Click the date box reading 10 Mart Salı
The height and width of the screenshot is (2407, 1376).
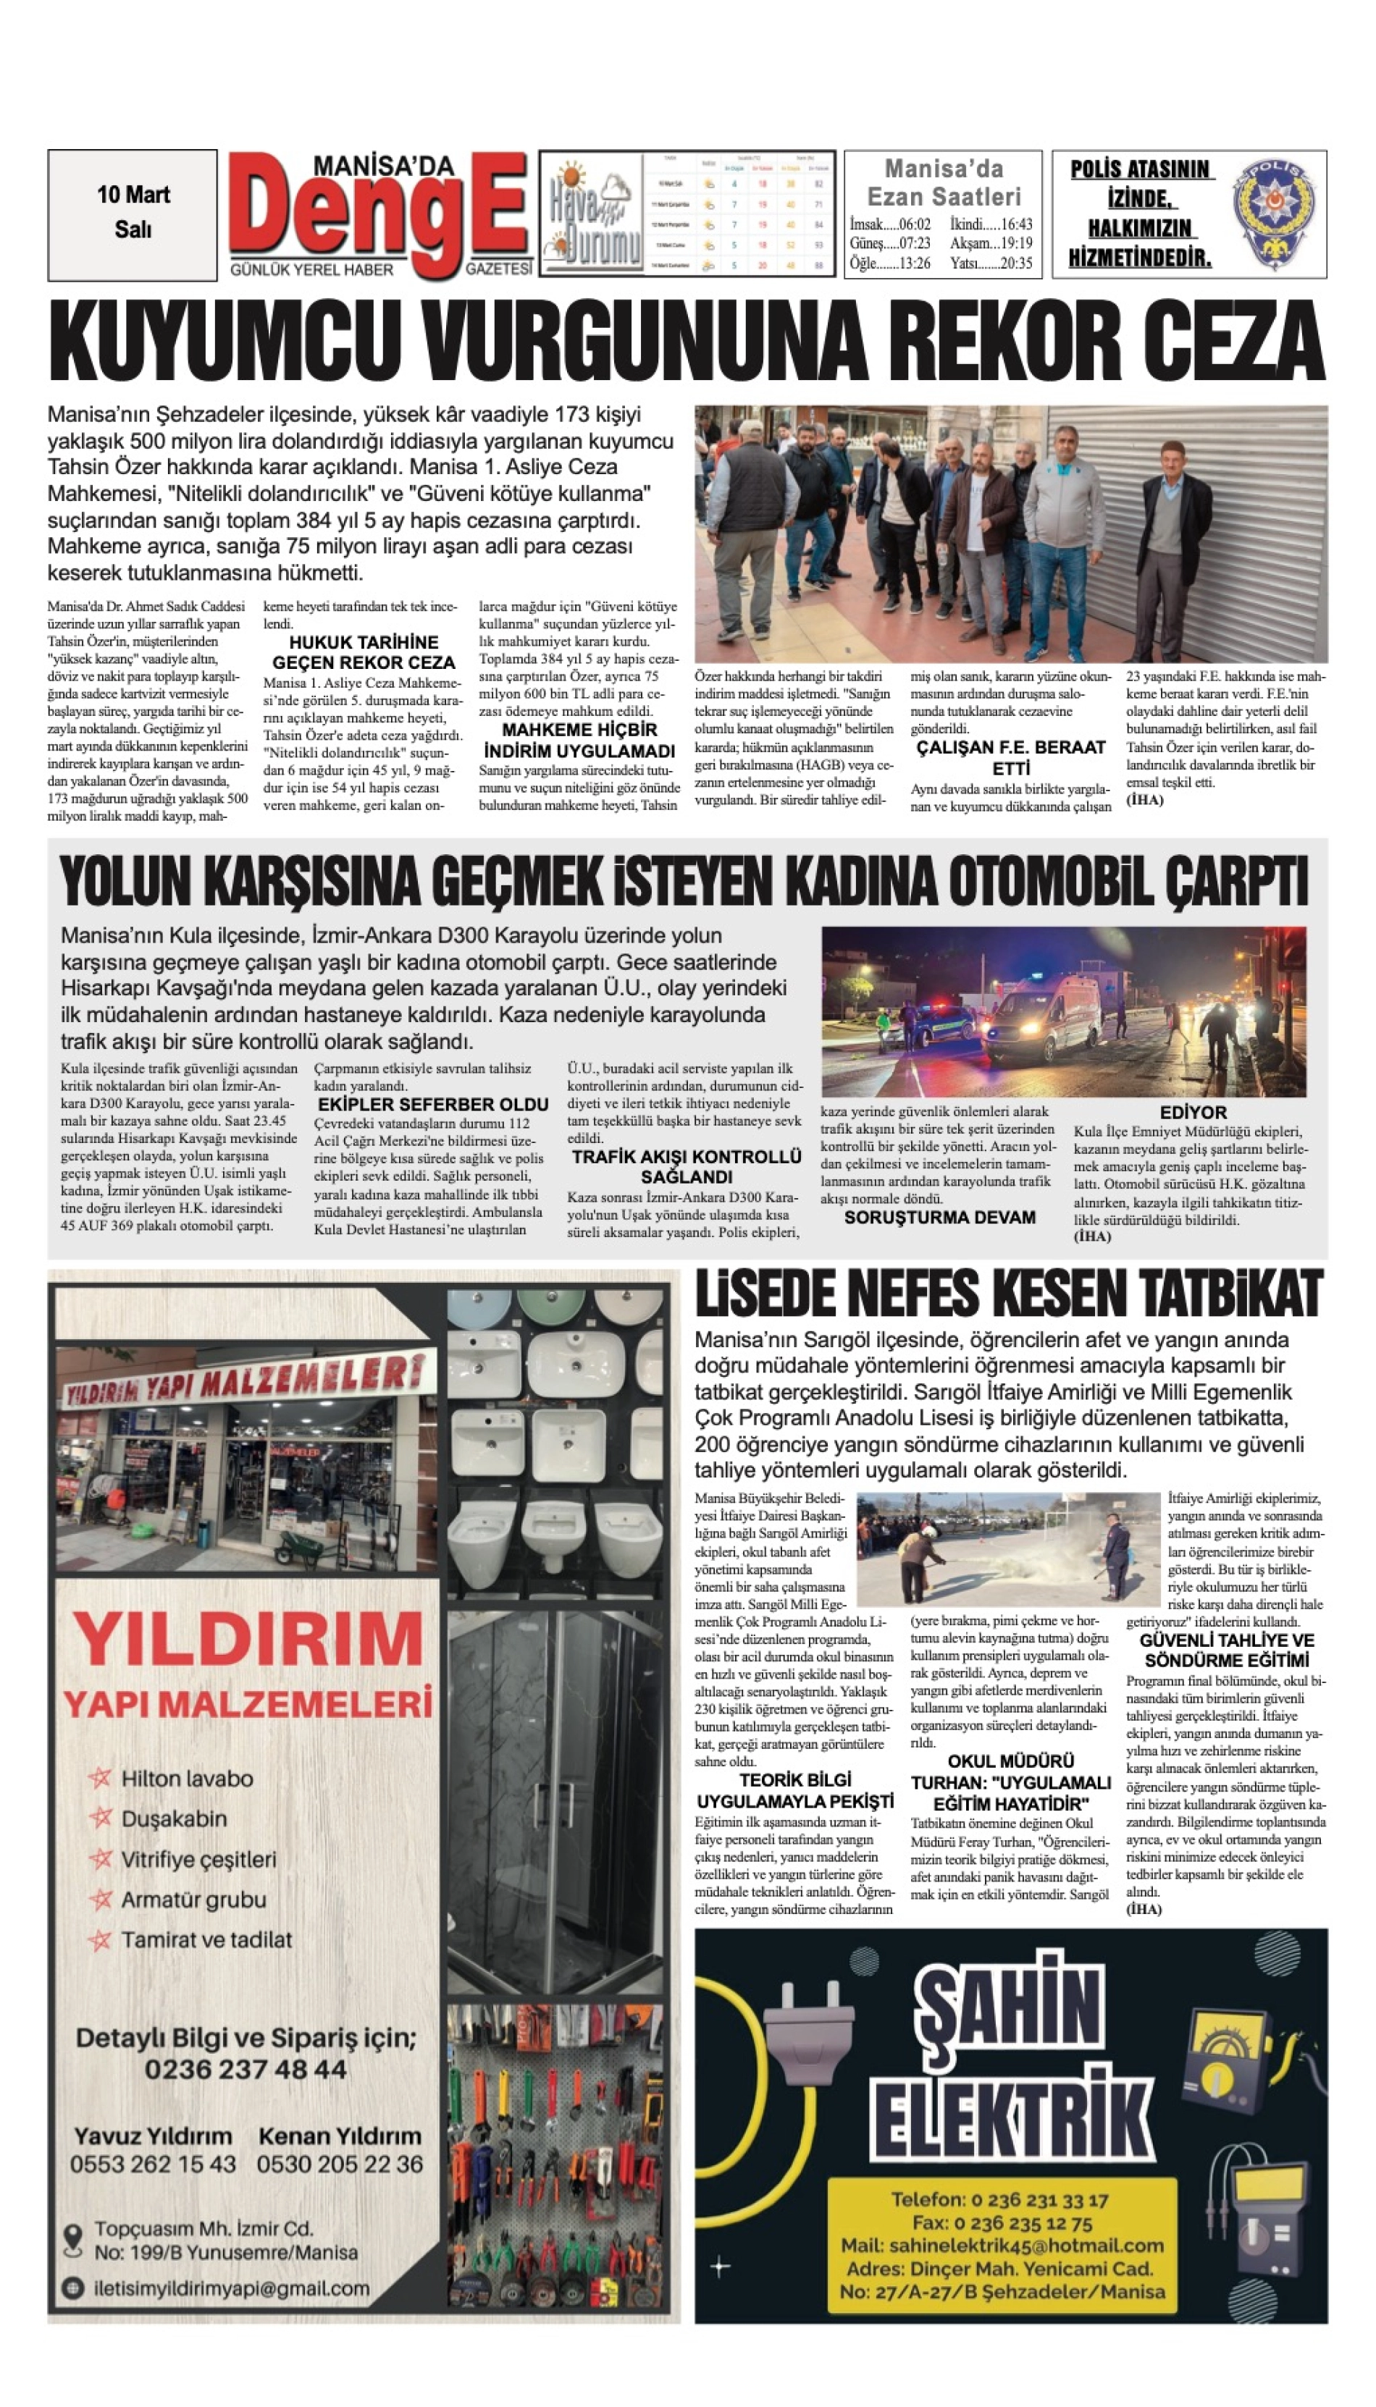pyautogui.click(x=133, y=214)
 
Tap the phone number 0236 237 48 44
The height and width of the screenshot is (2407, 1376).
pyautogui.click(x=246, y=2070)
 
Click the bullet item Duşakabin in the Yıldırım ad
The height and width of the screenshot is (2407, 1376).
pyautogui.click(x=174, y=1818)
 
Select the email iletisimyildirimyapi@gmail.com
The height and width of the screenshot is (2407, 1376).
pyautogui.click(x=232, y=2289)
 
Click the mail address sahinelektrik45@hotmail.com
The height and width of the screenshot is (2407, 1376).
pyautogui.click(x=1002, y=2246)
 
